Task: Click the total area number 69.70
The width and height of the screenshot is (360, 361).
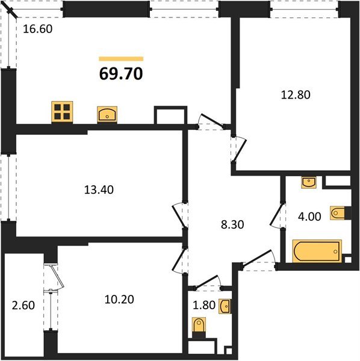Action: (121, 74)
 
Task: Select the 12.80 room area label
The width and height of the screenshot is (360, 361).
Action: (295, 94)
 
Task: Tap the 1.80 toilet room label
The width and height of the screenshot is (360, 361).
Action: (203, 306)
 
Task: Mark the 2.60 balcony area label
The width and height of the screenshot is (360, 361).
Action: (23, 305)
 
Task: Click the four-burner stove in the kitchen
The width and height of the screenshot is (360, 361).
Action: (61, 112)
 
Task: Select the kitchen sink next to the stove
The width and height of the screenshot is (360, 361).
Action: (107, 114)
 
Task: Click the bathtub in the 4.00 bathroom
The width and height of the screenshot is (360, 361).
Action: (317, 251)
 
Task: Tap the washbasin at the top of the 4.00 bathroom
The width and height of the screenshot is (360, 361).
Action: (308, 181)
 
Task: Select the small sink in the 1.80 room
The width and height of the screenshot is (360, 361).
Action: (225, 306)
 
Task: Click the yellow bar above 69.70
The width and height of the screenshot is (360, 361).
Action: (121, 58)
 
